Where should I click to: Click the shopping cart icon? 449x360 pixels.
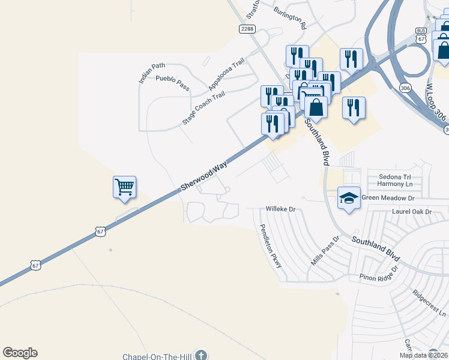124,187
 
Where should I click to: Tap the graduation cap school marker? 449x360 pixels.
349,197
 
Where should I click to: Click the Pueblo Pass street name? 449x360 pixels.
172,83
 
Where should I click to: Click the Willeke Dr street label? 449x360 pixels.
282,209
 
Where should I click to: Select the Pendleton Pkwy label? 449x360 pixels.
270,245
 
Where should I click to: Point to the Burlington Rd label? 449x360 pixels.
290,19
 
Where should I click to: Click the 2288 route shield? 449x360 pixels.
247,29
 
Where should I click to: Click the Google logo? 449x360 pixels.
20,353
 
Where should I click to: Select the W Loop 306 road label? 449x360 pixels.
437,99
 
